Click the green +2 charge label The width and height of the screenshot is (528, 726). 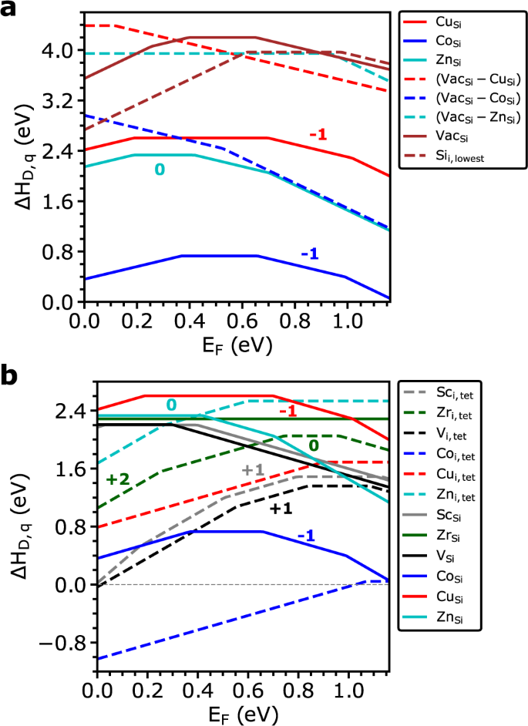tap(118, 479)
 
